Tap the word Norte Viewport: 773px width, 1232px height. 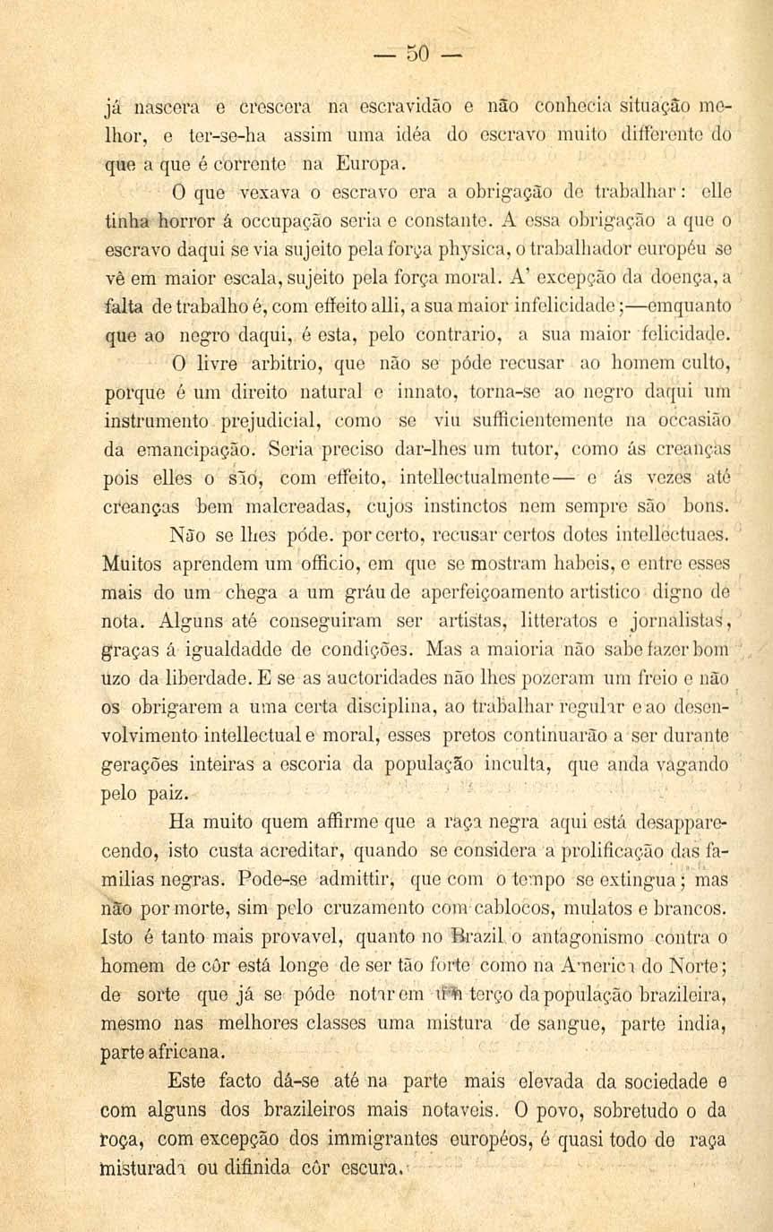703,967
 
